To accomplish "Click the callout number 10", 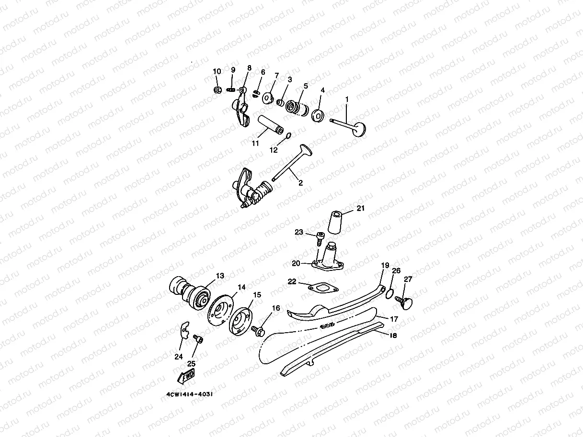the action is click(217, 71).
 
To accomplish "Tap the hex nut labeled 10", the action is click(217, 90).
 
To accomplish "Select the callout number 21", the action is click(360, 208).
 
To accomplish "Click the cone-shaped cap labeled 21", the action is click(335, 223).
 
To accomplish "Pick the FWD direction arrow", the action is click(186, 376).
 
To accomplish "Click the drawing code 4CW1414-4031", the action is click(189, 394).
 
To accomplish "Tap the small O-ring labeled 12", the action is click(289, 136).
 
